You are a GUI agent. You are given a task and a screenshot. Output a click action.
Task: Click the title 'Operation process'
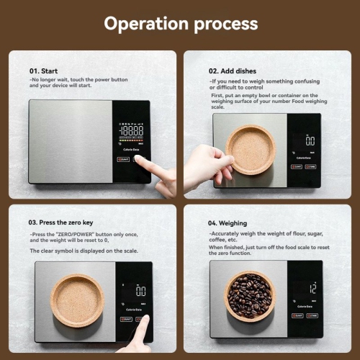point(180,23)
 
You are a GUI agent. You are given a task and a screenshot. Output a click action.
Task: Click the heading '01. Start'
point(45,71)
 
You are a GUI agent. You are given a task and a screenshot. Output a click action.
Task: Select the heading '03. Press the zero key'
point(61,222)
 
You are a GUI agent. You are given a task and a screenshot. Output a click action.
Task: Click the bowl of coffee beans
point(250,295)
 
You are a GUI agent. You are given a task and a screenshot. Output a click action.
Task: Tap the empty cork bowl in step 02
point(250,149)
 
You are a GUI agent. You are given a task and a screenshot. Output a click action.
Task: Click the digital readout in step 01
point(131,131)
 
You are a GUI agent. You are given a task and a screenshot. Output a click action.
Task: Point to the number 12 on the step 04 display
point(312,287)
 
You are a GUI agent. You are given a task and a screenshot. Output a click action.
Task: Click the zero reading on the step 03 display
point(140,292)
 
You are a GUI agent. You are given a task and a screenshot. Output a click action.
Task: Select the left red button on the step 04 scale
point(297,315)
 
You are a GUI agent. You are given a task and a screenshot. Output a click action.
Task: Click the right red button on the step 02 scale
point(310,166)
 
